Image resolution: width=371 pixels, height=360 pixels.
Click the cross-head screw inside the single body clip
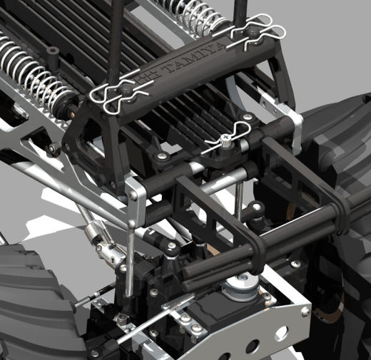coord(224,138)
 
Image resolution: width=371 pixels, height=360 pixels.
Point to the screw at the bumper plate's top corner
coord(305,310)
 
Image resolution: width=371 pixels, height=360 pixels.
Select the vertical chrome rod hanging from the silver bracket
coord(131,259)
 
